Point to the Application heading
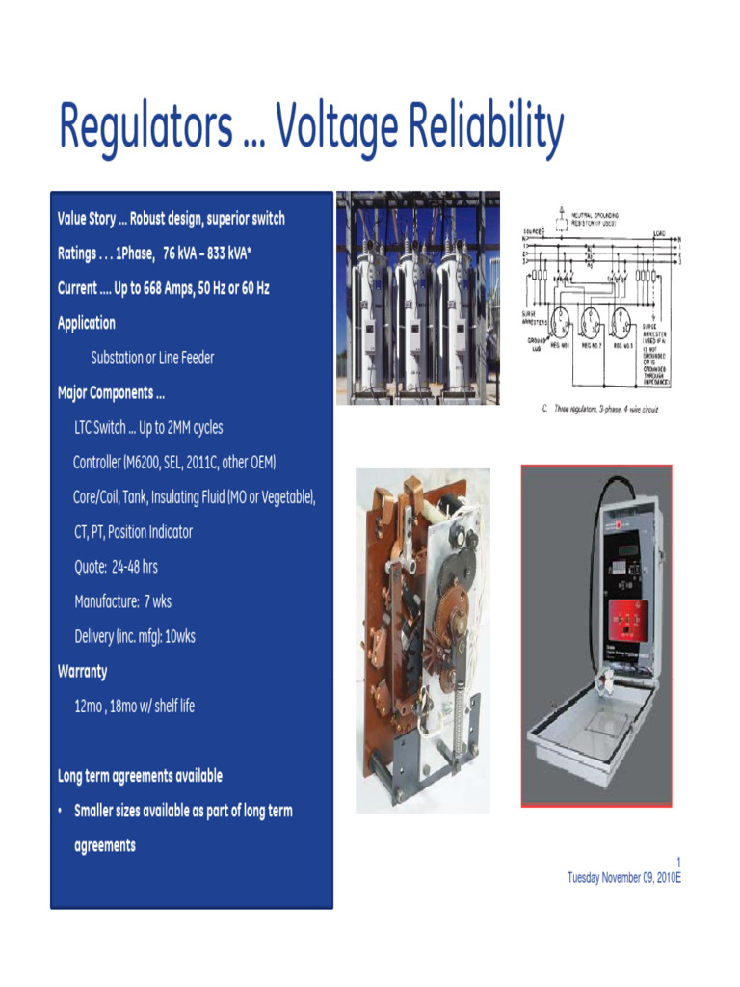click(x=87, y=323)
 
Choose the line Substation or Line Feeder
click(x=152, y=358)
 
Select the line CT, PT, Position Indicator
click(x=134, y=532)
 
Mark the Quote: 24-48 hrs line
click(x=117, y=567)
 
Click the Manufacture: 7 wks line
click(x=123, y=601)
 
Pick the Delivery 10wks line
click(x=135, y=636)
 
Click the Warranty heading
click(x=83, y=671)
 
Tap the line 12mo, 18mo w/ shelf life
click(x=135, y=706)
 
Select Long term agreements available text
click(x=141, y=776)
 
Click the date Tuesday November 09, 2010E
click(x=624, y=877)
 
